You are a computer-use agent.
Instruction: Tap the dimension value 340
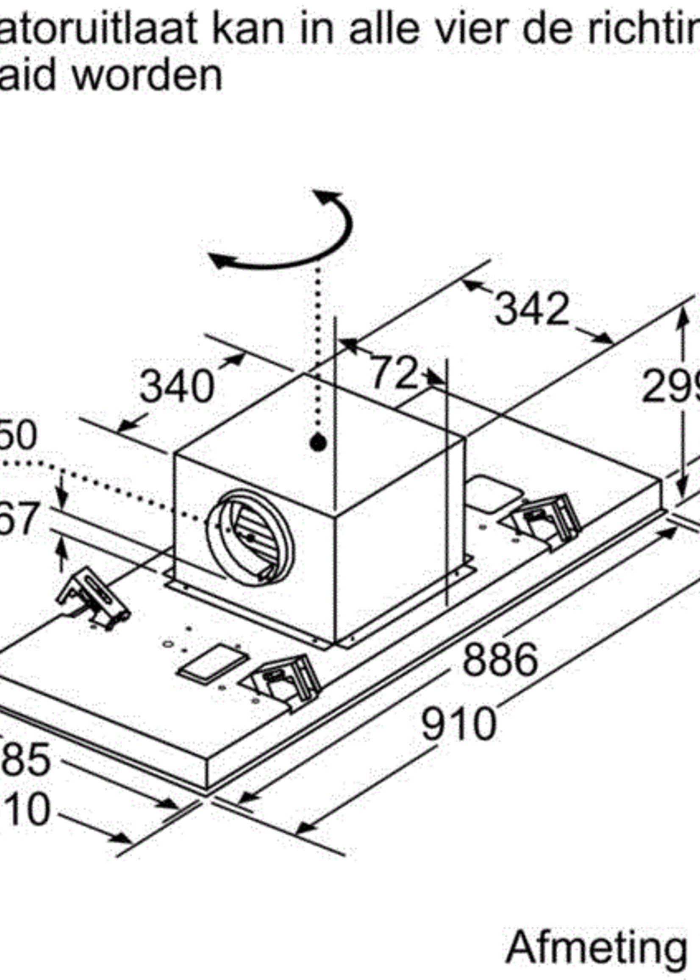(177, 386)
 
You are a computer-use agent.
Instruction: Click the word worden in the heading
(147, 75)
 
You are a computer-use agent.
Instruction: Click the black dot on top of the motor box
(318, 443)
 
